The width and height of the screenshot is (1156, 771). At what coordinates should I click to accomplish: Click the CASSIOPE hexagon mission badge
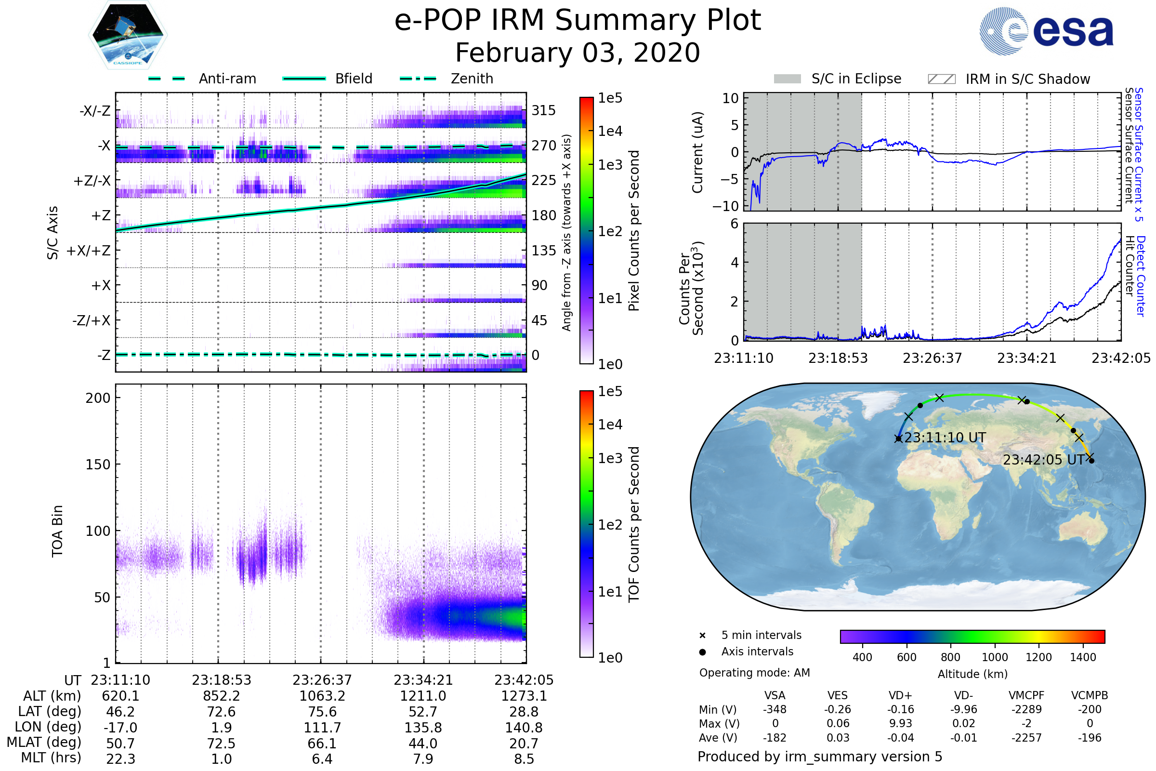pyautogui.click(x=128, y=35)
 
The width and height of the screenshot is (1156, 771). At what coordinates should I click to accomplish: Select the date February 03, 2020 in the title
pyautogui.click(x=578, y=53)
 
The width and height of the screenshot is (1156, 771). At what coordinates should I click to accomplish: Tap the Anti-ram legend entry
pyautogui.click(x=227, y=79)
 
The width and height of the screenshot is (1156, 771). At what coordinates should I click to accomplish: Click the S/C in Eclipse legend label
pyautogui.click(x=856, y=79)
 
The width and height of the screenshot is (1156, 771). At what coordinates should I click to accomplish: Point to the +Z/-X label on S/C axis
pyautogui.click(x=92, y=181)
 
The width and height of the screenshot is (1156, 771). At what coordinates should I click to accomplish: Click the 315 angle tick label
pyautogui.click(x=544, y=111)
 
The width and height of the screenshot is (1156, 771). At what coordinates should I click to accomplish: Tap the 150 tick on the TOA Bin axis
pyautogui.click(x=98, y=465)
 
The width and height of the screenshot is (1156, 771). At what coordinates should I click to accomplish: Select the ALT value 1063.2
pyautogui.click(x=322, y=696)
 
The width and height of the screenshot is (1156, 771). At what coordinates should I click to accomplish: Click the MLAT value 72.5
pyautogui.click(x=222, y=744)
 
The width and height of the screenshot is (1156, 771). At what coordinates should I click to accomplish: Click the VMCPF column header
pyautogui.click(x=1026, y=696)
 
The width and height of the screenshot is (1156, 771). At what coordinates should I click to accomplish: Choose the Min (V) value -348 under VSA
pyautogui.click(x=775, y=709)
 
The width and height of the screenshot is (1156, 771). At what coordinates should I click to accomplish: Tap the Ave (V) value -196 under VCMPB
pyautogui.click(x=1090, y=738)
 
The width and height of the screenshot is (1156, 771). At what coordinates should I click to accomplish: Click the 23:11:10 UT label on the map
pyautogui.click(x=945, y=438)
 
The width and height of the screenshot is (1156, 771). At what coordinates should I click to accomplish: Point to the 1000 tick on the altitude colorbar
pyautogui.click(x=995, y=657)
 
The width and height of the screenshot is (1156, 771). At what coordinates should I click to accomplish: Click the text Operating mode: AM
pyautogui.click(x=754, y=673)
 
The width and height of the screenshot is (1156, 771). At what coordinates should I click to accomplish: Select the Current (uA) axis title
pyautogui.click(x=697, y=152)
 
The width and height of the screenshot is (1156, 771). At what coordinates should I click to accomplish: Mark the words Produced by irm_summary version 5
pyautogui.click(x=820, y=757)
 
